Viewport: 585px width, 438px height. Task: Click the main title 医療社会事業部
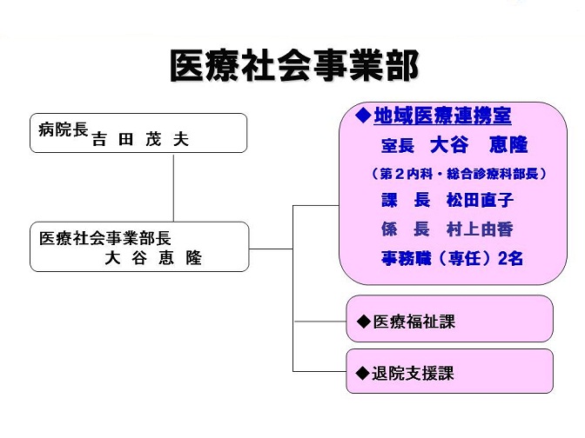[294, 66]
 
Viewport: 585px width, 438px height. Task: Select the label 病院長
[63, 129]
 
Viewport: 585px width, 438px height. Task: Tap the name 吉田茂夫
[140, 139]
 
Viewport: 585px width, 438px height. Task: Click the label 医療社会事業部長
[104, 238]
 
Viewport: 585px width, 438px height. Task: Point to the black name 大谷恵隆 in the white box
[153, 258]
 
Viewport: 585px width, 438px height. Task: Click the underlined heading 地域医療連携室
[442, 116]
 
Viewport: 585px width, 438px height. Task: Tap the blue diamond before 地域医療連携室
[363, 116]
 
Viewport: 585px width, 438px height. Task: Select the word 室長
[398, 145]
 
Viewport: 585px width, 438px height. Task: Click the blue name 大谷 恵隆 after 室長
[479, 145]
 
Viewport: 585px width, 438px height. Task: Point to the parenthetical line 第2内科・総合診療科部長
[459, 174]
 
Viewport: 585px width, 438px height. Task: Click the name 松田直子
[481, 201]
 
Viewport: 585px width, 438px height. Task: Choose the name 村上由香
[480, 229]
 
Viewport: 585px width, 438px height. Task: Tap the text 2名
[510, 258]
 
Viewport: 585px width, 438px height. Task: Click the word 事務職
[407, 258]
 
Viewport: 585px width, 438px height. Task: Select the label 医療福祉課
[414, 322]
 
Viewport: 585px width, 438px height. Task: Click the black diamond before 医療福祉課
[363, 322]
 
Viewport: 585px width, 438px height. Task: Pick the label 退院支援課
[413, 373]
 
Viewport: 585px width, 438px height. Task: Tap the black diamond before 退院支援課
[363, 373]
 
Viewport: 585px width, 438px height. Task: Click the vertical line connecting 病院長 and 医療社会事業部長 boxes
[173, 188]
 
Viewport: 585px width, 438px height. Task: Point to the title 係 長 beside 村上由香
[406, 229]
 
